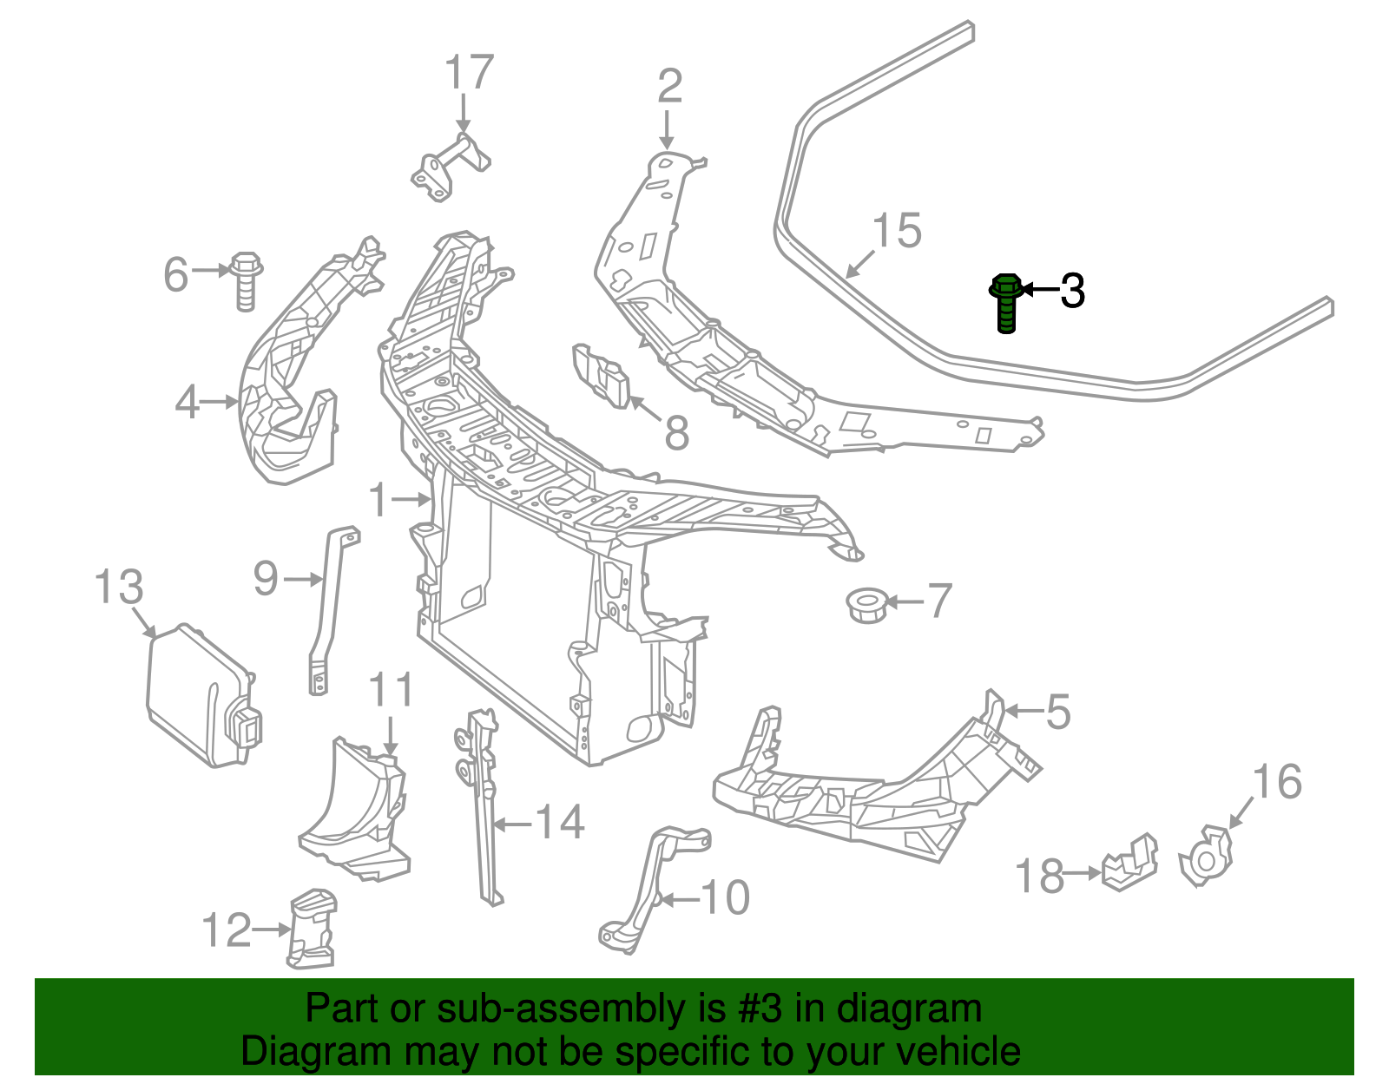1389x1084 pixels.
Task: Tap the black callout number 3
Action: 1073,291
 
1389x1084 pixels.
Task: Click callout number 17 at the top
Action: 470,73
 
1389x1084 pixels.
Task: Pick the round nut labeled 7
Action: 866,603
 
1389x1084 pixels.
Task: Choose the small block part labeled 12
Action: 311,929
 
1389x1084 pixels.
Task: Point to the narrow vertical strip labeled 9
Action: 330,608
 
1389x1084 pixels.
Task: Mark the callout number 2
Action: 669,87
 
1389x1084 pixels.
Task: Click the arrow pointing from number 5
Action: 1023,711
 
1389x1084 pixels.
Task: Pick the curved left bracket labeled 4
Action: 286,373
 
